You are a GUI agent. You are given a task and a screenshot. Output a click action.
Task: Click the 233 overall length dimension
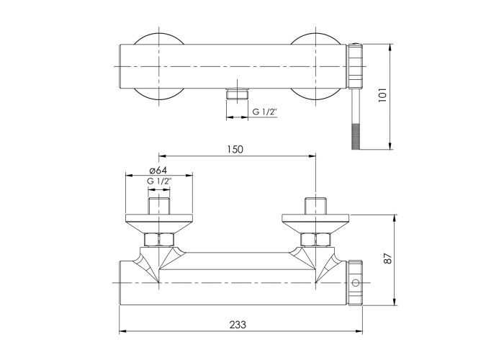pos(238,325)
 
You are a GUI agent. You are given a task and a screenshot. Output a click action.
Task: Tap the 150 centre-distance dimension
pos(235,150)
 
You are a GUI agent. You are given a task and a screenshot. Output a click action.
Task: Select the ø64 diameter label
pos(158,170)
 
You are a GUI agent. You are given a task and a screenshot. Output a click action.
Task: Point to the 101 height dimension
pos(382,95)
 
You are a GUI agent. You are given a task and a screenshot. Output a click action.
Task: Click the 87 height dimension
pos(389,258)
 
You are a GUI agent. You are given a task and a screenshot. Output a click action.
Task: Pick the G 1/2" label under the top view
pos(264,112)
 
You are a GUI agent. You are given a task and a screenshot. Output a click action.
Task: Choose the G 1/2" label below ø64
pos(159,181)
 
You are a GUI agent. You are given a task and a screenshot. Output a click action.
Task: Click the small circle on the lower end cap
pos(356,282)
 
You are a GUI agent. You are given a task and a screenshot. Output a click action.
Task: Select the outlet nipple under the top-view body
pos(238,94)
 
